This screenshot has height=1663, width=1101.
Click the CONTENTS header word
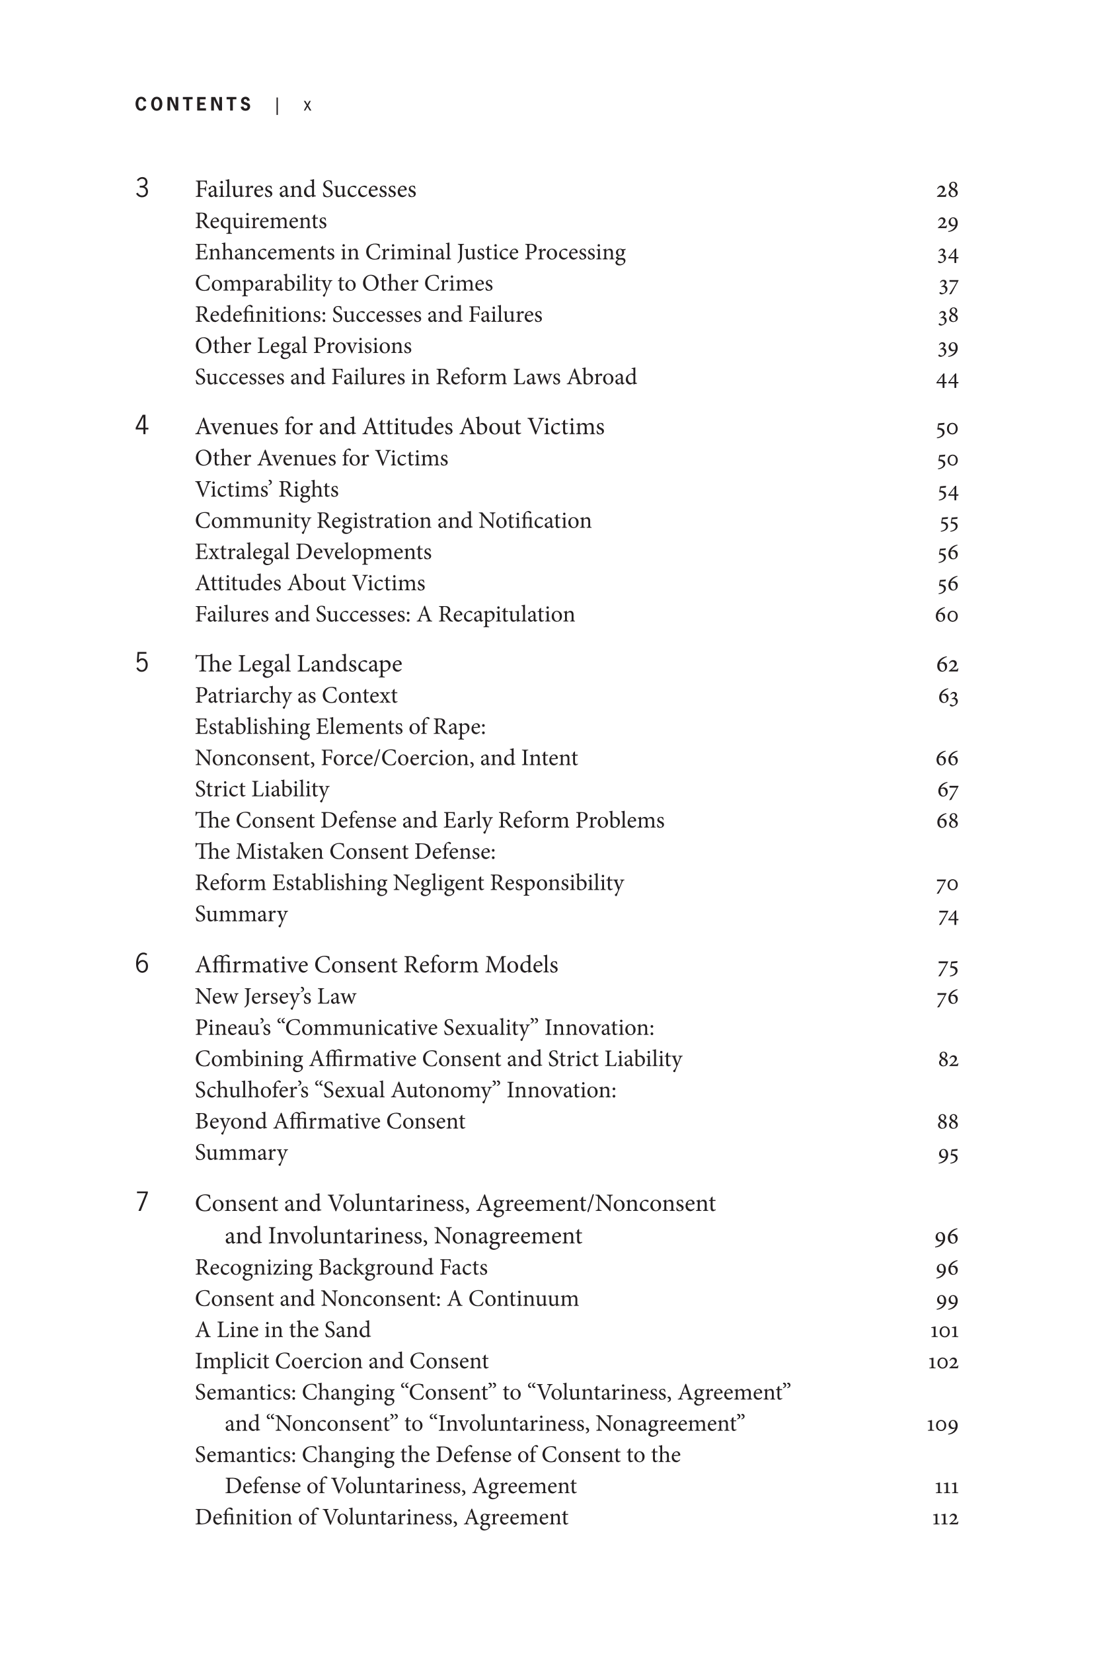193,104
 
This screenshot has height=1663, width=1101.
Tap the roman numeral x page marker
307,106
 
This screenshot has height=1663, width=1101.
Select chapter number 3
142,188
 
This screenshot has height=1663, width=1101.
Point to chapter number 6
142,964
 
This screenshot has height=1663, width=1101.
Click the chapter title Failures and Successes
305,190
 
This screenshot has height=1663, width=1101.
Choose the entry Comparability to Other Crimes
344,284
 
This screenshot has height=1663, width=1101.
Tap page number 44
946,381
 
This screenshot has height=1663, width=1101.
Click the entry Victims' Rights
266,490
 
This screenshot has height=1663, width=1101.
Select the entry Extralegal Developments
313,552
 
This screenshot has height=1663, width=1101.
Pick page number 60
946,615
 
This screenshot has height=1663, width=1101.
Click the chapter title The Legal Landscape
299,664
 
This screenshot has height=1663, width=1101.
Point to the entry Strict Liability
261,789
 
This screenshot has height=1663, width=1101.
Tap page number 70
946,884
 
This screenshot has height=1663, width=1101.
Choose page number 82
947,1060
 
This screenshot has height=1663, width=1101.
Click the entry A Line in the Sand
282,1329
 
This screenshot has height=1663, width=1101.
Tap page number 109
942,1425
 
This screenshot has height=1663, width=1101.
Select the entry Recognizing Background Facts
340,1267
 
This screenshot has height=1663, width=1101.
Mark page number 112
944,1519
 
